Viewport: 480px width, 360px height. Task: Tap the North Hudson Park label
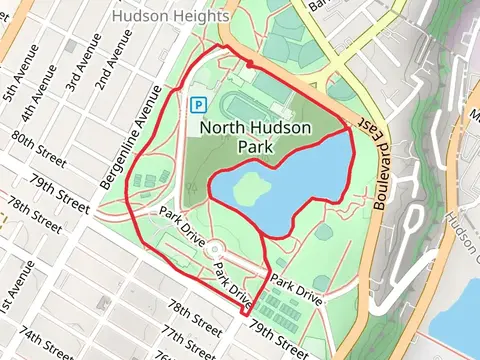(255, 136)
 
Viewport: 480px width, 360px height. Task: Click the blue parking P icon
(199, 103)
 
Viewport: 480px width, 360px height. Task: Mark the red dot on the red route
(249, 64)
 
